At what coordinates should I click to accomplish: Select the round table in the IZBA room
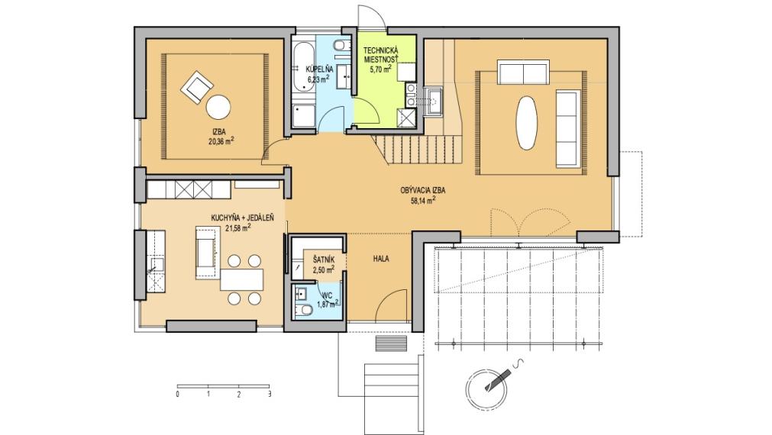pos(220,105)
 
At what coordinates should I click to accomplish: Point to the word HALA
pos(382,259)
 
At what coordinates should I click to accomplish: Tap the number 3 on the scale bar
pos(270,395)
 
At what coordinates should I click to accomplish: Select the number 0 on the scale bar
pos(177,395)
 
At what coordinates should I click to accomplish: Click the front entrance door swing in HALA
pos(391,307)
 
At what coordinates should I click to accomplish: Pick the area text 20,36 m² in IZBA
pos(221,141)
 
